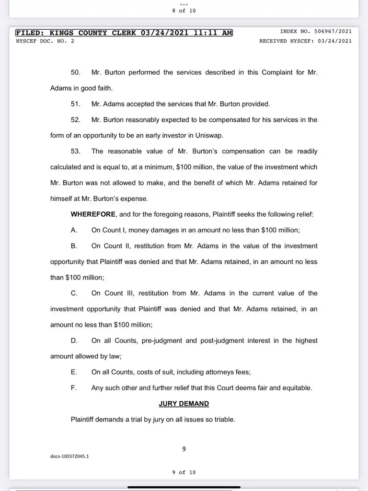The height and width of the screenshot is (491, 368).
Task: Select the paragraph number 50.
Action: pyautogui.click(x=75, y=72)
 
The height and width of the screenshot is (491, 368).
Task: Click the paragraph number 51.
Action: pyautogui.click(x=75, y=104)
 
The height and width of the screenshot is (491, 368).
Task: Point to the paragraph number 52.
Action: pyautogui.click(x=75, y=120)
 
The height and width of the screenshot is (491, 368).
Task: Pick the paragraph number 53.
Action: pyautogui.click(x=75, y=152)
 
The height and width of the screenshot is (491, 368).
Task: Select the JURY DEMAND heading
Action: pyautogui.click(x=184, y=404)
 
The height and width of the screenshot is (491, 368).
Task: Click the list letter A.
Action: pyautogui.click(x=74, y=230)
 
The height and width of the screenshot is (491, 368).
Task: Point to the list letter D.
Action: pyautogui.click(x=74, y=341)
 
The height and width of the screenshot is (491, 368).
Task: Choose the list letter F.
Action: pyautogui.click(x=73, y=388)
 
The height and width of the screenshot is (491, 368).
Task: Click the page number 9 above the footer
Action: pyautogui.click(x=184, y=449)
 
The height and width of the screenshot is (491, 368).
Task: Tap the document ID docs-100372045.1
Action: pyautogui.click(x=69, y=456)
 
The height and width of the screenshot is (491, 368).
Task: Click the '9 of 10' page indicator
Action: pyautogui.click(x=184, y=472)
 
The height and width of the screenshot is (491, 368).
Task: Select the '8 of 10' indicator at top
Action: pyautogui.click(x=184, y=11)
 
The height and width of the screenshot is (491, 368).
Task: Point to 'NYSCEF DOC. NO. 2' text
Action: pyautogui.click(x=45, y=41)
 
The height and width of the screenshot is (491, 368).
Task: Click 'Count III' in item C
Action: pyautogui.click(x=116, y=293)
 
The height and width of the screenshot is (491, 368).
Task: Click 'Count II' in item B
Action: pyautogui.click(x=116, y=246)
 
